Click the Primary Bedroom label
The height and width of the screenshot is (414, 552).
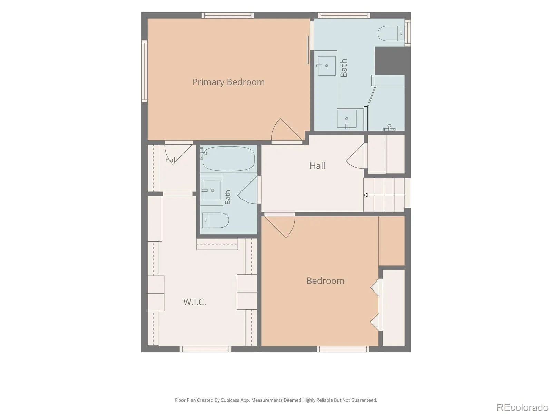tap(228, 82)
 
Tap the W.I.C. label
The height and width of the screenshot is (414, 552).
tap(194, 302)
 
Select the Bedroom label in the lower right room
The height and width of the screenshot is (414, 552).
tap(325, 281)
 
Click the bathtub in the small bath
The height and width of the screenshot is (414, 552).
tap(228, 159)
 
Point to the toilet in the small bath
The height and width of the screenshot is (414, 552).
tap(215, 220)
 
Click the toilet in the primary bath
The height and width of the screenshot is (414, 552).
tap(391, 33)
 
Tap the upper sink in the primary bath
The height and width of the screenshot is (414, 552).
tap(327, 66)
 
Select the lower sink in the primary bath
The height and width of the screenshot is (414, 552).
tap(347, 119)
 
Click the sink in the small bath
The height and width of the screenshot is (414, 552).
tap(212, 190)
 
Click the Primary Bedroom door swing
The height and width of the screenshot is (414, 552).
tap(286, 130)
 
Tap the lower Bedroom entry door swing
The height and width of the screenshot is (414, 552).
tap(280, 226)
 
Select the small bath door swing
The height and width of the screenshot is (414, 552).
tap(248, 190)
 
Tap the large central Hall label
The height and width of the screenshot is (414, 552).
tap(317, 166)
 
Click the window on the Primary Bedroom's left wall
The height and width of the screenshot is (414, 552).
tap(144, 71)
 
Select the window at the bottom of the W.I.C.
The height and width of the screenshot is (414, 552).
tap(206, 349)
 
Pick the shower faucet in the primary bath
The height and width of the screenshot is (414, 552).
tap(389, 127)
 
